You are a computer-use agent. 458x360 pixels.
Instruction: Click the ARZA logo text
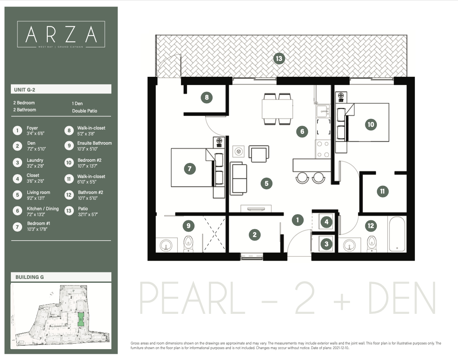point(61,35)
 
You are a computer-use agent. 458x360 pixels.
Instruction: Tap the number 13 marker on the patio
point(279,59)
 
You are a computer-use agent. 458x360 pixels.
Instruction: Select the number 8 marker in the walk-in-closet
point(206,97)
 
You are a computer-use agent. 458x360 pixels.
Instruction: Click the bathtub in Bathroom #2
point(397,234)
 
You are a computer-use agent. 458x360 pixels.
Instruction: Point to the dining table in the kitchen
point(277,109)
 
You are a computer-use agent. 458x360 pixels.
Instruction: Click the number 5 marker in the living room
point(266,183)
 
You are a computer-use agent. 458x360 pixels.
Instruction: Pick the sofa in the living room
point(239,179)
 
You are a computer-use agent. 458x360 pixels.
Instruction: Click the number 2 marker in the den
point(255,234)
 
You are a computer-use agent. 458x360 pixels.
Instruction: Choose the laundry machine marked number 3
point(326,244)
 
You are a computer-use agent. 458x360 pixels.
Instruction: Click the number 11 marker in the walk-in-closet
point(382,191)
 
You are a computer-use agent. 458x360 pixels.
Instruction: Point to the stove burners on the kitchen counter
point(322,149)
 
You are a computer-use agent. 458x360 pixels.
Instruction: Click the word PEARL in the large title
point(192,299)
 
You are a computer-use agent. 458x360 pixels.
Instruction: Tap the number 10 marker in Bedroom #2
point(371,125)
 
